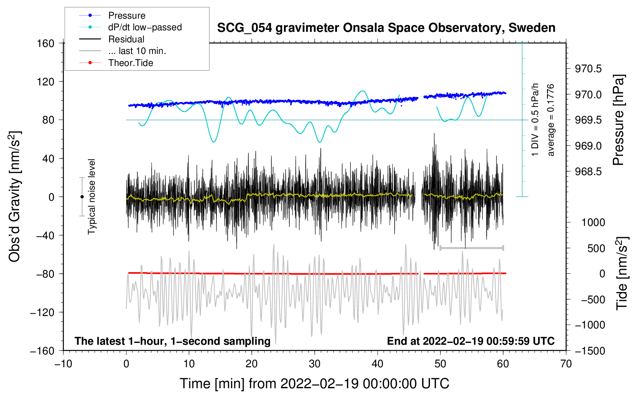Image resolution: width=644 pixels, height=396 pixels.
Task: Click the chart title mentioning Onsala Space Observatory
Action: coord(386,28)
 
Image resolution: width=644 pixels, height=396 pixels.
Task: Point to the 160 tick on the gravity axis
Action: coord(46,43)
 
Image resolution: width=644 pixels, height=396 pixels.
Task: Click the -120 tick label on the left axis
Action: coord(42,312)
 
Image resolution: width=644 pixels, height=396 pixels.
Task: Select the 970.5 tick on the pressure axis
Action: coord(588,69)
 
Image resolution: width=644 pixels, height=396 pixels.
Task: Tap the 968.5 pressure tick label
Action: coord(588,172)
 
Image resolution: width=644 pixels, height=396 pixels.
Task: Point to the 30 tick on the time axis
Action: coord(315,364)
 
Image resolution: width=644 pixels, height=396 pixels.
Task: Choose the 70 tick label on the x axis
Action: coord(566,364)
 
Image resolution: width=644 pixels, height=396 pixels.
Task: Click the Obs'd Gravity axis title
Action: coord(15,196)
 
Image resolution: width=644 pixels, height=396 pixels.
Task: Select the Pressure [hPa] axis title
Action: coord(619,120)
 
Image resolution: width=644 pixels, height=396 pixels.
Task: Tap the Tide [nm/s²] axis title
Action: coord(622,274)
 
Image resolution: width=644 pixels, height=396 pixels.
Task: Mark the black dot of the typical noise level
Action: coord(82,197)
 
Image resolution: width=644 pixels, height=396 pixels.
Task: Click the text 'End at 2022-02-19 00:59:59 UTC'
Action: coord(471,341)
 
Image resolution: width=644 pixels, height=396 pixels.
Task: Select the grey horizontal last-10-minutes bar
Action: coord(471,248)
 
